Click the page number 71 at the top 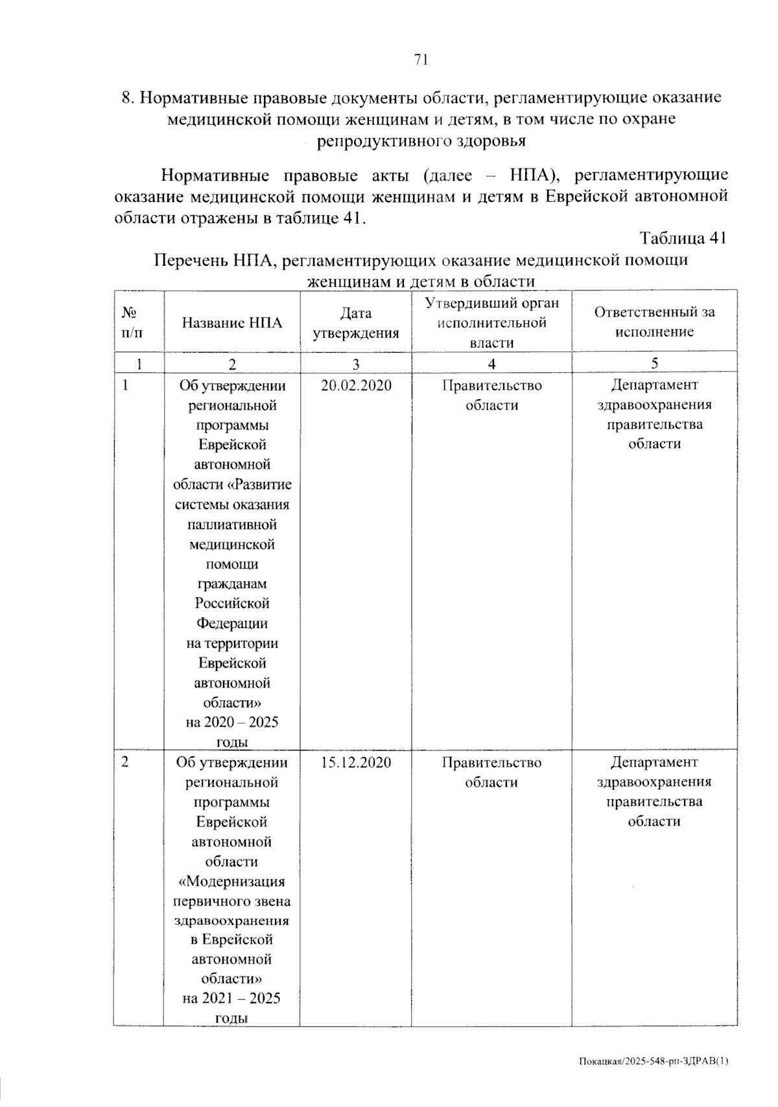(x=420, y=60)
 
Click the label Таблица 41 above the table (x=683, y=238)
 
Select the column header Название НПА (x=231, y=323)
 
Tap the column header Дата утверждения (x=355, y=323)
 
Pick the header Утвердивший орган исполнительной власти (x=491, y=323)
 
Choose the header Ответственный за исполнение (x=654, y=322)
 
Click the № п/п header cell (x=130, y=323)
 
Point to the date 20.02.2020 (x=356, y=386)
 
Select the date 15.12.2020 (x=356, y=762)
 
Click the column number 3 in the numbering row (x=355, y=364)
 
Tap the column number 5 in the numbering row (x=654, y=363)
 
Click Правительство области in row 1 (x=491, y=395)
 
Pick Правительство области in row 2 (x=491, y=772)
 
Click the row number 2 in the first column (x=124, y=762)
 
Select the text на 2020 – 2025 (x=231, y=722)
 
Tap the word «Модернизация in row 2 (x=231, y=881)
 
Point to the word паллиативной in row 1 (x=231, y=524)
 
